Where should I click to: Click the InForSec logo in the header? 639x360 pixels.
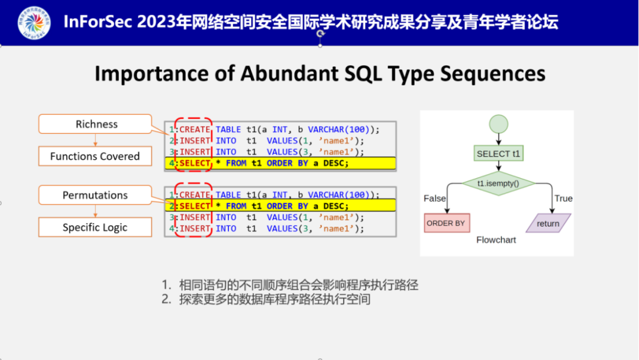pyautogui.click(x=34, y=22)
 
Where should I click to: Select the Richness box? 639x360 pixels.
pyautogui.click(x=95, y=124)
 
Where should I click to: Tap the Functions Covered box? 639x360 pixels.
pyautogui.click(x=95, y=156)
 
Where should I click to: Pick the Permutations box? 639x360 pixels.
pyautogui.click(x=95, y=195)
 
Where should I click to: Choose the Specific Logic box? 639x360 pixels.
pyautogui.click(x=95, y=227)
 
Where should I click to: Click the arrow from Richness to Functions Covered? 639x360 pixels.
pyautogui.click(x=95, y=140)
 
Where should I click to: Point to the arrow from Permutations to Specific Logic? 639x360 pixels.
pyautogui.click(x=95, y=211)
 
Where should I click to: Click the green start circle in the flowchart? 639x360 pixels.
pyautogui.click(x=499, y=125)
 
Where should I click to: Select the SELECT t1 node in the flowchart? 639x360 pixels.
pyautogui.click(x=499, y=154)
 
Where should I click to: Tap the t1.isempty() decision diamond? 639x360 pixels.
pyautogui.click(x=498, y=184)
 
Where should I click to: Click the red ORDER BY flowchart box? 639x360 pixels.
pyautogui.click(x=447, y=223)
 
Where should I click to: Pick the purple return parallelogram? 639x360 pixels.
pyautogui.click(x=548, y=223)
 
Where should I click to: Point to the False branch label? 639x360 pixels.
pyautogui.click(x=435, y=198)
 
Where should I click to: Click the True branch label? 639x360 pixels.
pyautogui.click(x=563, y=198)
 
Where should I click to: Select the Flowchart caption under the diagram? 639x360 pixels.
pyautogui.click(x=496, y=240)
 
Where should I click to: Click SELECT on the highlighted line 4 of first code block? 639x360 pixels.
pyautogui.click(x=195, y=163)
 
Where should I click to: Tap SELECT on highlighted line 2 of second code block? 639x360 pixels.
pyautogui.click(x=195, y=206)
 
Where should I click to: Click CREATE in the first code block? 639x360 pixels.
pyautogui.click(x=195, y=130)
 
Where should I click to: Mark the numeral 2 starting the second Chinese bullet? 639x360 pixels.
pyautogui.click(x=166, y=300)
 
